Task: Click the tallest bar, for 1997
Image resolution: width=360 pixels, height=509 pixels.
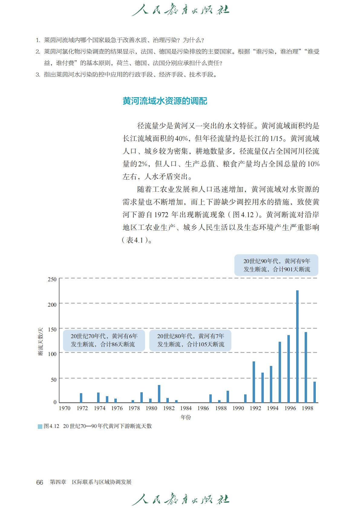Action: click(x=297, y=346)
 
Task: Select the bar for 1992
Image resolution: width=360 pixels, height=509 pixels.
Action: click(x=254, y=382)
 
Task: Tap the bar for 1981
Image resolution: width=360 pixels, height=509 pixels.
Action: click(x=159, y=393)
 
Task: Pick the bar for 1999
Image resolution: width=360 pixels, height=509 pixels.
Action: click(x=315, y=392)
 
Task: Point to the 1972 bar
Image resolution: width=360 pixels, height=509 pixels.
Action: click(x=81, y=398)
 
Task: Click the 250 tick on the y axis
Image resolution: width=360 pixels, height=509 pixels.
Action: click(x=52, y=279)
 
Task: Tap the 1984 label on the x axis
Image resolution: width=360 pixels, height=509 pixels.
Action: click(x=186, y=408)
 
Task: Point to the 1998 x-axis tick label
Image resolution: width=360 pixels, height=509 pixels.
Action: click(x=308, y=408)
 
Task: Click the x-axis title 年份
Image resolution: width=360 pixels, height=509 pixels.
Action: click(x=186, y=417)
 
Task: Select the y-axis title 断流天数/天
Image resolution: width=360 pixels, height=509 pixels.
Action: click(x=41, y=341)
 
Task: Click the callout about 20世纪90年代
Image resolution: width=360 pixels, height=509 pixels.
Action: click(x=276, y=265)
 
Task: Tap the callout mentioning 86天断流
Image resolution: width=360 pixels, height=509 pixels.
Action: click(x=104, y=340)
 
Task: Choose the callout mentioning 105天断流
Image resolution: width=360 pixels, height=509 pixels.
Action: click(x=190, y=340)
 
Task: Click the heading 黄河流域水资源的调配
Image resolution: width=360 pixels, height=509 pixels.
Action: click(x=165, y=101)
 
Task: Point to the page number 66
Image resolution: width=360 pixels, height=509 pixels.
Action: click(x=40, y=482)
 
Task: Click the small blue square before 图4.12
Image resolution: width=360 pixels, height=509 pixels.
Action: click(x=40, y=426)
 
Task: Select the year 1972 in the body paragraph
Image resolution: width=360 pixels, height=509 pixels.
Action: click(x=161, y=215)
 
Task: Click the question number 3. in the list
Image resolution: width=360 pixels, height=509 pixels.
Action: click(x=38, y=75)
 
